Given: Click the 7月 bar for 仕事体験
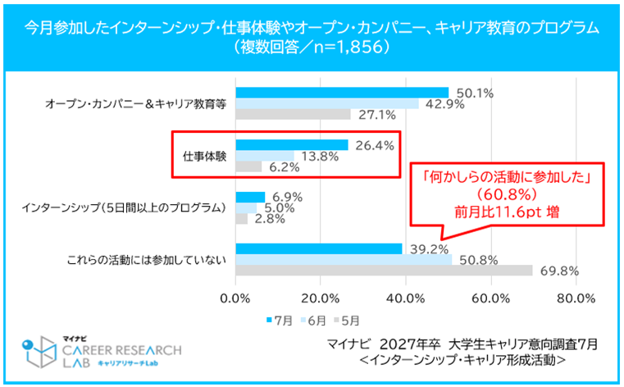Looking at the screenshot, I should coord(292,145).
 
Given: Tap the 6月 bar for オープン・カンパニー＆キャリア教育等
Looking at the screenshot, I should coord(327,104).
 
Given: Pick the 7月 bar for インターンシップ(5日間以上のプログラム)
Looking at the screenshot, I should coord(250,197).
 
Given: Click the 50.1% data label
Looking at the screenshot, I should coord(474,93).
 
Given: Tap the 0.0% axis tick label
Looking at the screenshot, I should coord(236,297).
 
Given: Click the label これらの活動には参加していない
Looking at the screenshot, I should coord(144,260).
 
